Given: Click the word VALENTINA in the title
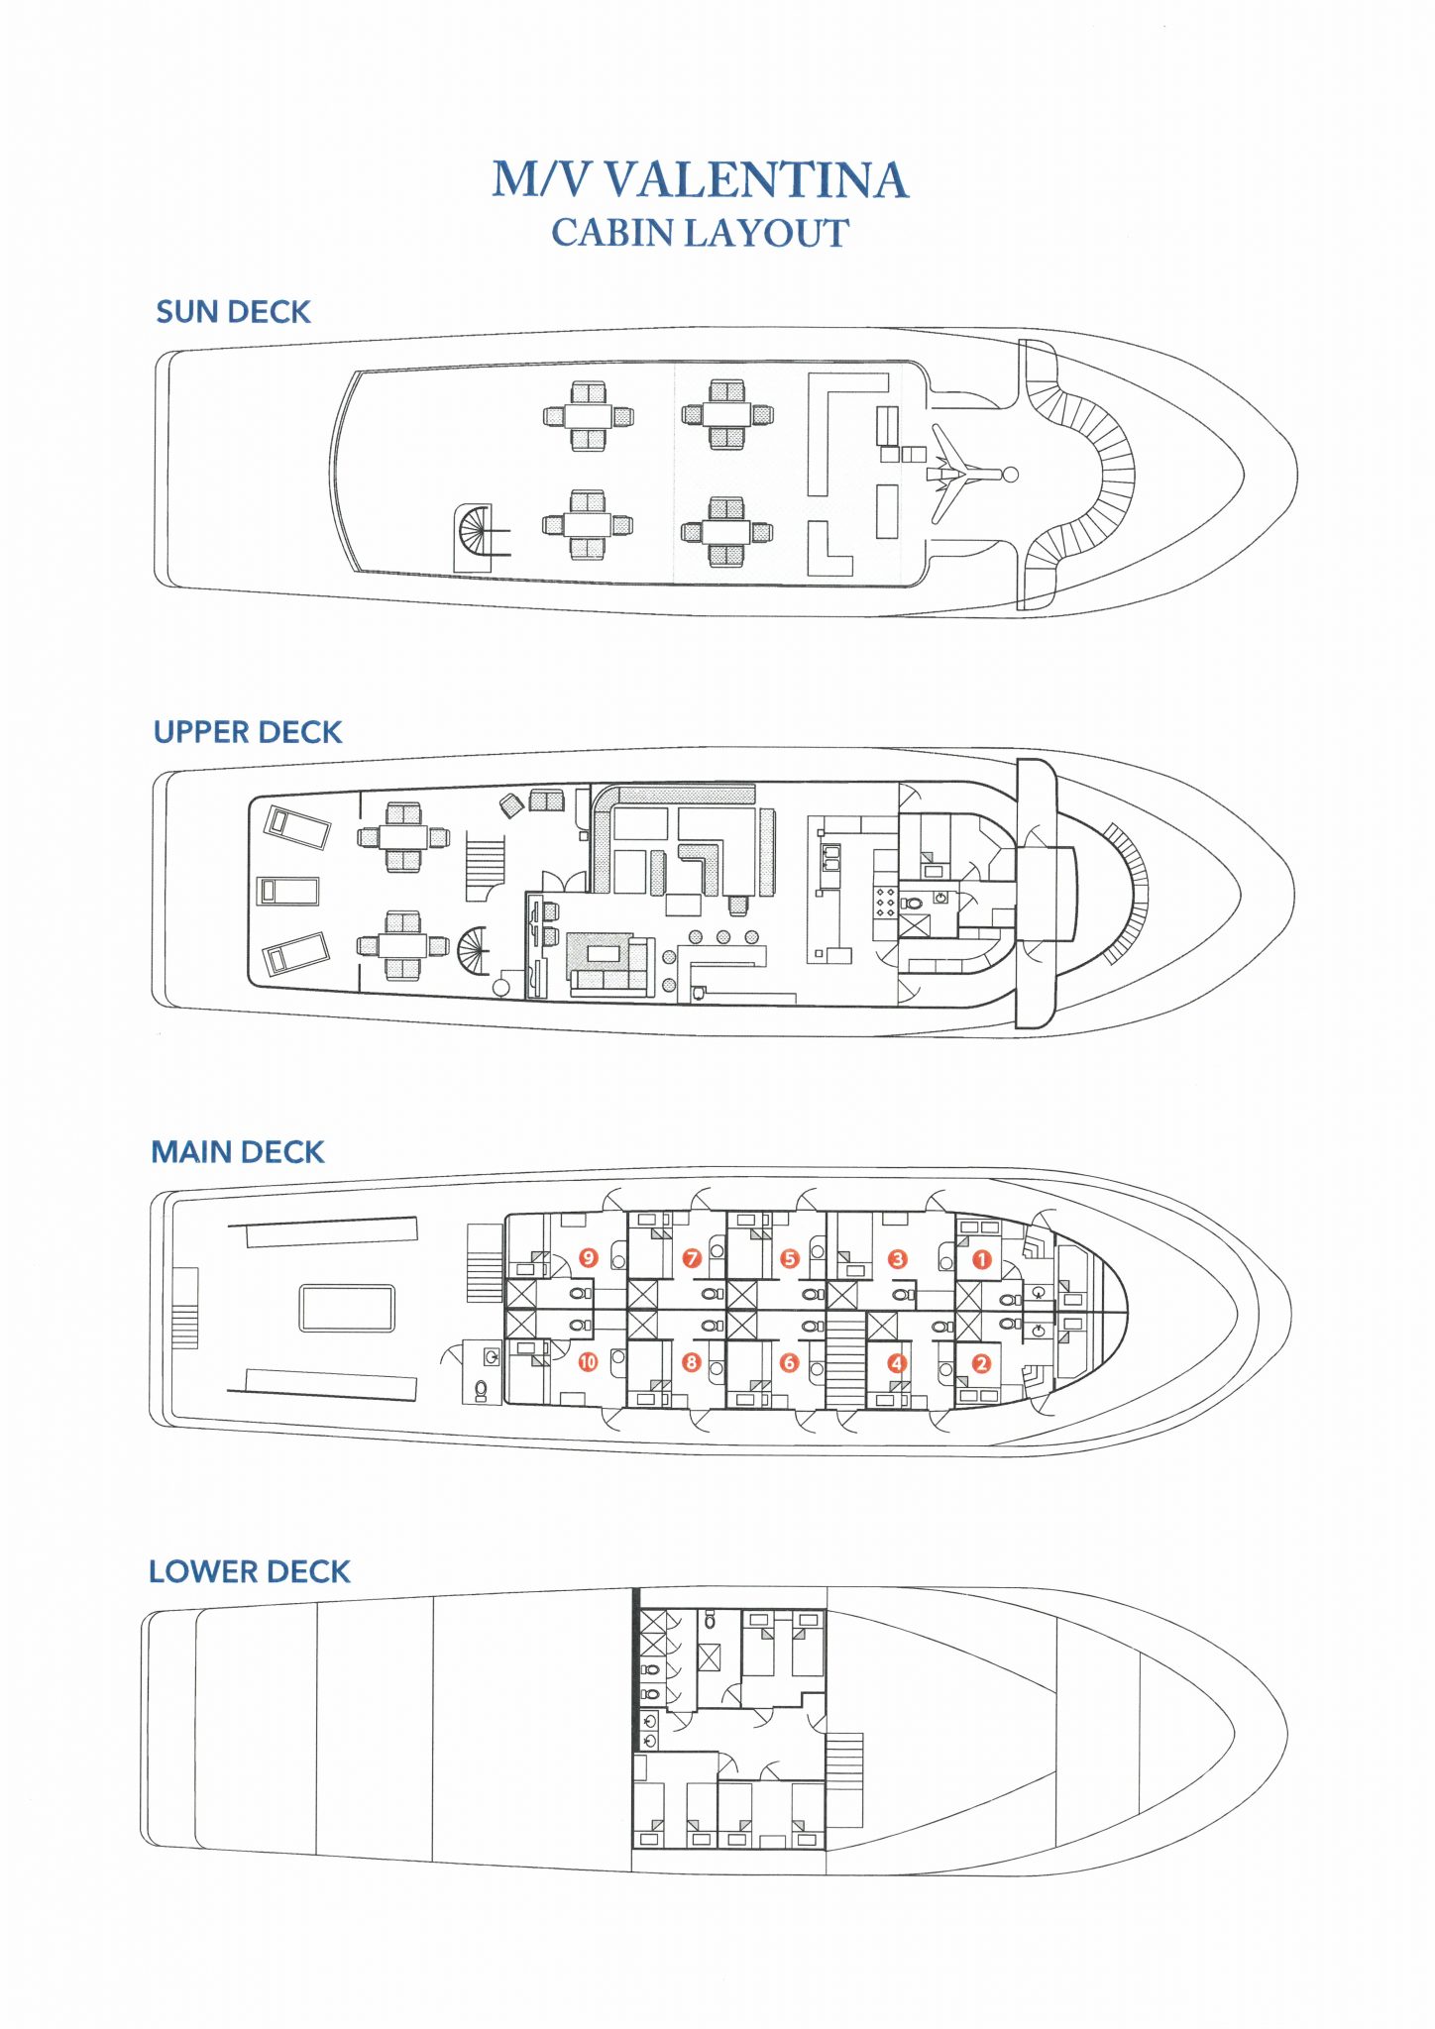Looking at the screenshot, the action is click(756, 180).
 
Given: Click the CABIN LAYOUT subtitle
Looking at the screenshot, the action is click(700, 234).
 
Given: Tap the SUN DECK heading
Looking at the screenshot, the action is click(233, 312).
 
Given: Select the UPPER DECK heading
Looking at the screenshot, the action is click(248, 732).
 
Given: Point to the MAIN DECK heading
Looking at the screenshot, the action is click(238, 1152).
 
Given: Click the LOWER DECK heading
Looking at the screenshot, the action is click(250, 1571).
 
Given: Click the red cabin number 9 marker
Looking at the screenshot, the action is click(589, 1258).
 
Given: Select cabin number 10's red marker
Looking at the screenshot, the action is click(588, 1362).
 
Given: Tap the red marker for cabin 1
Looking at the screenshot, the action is click(982, 1259).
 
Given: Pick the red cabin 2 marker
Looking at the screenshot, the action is click(981, 1363).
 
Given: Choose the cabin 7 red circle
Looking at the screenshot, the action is click(692, 1259).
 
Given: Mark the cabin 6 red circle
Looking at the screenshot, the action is click(789, 1363).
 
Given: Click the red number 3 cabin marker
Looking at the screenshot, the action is click(898, 1259).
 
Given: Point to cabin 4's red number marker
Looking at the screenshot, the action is click(897, 1363).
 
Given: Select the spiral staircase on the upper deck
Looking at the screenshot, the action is click(474, 950).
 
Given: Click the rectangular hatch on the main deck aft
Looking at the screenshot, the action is click(347, 1308).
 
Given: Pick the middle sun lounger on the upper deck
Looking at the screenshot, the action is click(288, 891).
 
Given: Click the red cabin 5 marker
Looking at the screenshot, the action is click(790, 1259).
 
